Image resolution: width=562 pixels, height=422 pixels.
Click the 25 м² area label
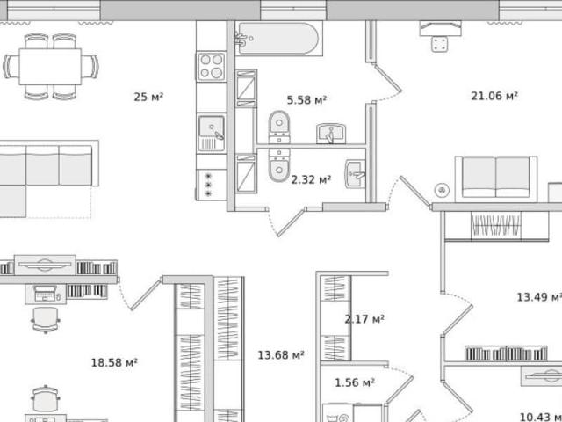[x=148, y=97]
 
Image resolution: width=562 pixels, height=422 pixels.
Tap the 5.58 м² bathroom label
[x=306, y=99]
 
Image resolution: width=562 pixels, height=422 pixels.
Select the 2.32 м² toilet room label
[x=311, y=179]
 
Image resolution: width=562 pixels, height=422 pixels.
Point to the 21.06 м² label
[x=494, y=96]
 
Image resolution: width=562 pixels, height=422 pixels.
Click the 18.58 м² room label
[x=114, y=362]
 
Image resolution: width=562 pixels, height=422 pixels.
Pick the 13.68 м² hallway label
[x=281, y=355]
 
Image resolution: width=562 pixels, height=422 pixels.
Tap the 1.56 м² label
[x=355, y=382]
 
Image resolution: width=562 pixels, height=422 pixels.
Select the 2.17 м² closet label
[x=364, y=318]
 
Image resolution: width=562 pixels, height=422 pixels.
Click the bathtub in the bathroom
[x=278, y=39]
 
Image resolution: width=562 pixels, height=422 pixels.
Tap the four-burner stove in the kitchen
[x=212, y=66]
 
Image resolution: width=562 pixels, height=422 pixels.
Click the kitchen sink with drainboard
[x=212, y=133]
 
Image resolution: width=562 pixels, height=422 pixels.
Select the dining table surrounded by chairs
[x=50, y=67]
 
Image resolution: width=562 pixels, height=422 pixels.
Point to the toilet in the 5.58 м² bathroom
[x=279, y=127]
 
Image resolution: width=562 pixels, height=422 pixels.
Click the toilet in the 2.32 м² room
[x=279, y=165]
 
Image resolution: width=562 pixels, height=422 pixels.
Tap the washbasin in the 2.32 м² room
[x=355, y=174]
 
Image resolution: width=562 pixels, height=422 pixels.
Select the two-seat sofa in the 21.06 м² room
[x=496, y=178]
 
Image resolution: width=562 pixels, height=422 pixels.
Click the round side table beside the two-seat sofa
[x=442, y=190]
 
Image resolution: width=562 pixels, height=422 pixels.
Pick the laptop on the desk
[x=46, y=293]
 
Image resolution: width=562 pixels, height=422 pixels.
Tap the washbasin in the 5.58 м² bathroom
[x=331, y=134]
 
